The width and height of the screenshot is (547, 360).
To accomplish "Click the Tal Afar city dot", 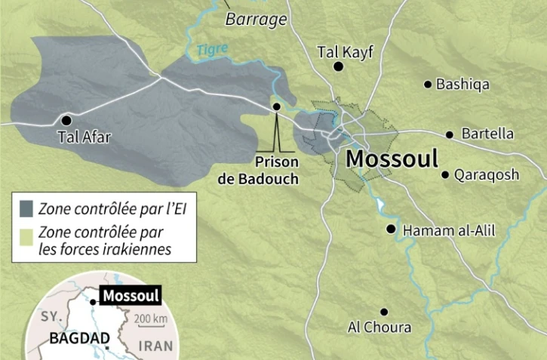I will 67,120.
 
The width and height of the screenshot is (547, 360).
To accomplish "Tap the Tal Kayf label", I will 346,51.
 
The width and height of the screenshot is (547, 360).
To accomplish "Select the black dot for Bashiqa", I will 428,85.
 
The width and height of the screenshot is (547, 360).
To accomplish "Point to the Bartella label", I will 487,134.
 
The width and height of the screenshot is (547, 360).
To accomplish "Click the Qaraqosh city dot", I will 445,175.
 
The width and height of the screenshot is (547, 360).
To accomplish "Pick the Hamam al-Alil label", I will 449,230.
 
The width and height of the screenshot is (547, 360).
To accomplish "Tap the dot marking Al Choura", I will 384,312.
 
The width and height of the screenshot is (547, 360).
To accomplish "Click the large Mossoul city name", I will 392,159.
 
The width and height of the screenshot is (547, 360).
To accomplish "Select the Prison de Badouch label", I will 277,170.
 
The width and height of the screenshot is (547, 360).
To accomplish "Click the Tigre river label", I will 211,50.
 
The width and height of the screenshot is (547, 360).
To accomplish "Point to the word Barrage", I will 257,19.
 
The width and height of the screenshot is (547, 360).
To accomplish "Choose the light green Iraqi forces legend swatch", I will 27,233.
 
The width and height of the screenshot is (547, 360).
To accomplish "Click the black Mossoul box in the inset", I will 131,296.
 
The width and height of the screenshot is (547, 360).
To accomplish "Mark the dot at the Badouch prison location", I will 276,106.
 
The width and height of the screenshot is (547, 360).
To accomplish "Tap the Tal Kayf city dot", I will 339,67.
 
